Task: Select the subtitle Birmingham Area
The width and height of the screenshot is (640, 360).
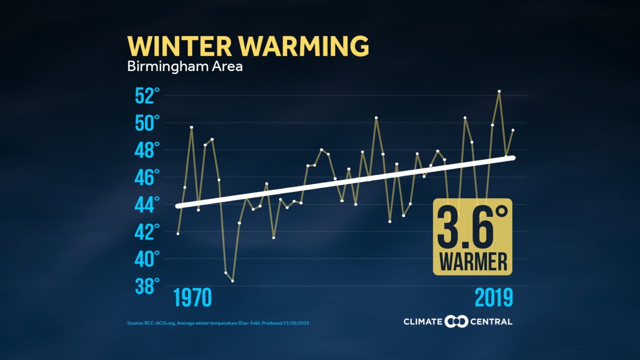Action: click(x=185, y=66)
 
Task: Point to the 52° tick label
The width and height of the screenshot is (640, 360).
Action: click(x=148, y=96)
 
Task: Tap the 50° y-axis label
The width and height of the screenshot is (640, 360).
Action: click(x=148, y=123)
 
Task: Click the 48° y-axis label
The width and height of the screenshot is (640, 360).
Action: click(x=148, y=150)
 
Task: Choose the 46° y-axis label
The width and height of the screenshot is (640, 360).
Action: click(x=148, y=177)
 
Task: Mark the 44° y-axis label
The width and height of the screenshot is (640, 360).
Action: click(x=148, y=204)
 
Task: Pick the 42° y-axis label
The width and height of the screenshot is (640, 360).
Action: click(x=148, y=231)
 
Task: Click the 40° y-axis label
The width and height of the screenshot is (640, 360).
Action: click(x=148, y=259)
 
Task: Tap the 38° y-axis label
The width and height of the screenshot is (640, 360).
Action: click(x=148, y=286)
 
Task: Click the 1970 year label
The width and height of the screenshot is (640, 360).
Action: click(x=192, y=298)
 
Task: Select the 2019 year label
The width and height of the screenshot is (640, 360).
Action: click(x=494, y=298)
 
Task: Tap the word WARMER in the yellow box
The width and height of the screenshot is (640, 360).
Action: click(x=473, y=262)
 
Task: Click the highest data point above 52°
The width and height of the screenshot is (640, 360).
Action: click(x=499, y=92)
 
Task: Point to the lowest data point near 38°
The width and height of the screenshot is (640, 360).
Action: click(x=232, y=281)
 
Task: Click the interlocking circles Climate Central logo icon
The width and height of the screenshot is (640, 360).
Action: click(x=456, y=322)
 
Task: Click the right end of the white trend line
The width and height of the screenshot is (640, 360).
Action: click(x=512, y=158)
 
